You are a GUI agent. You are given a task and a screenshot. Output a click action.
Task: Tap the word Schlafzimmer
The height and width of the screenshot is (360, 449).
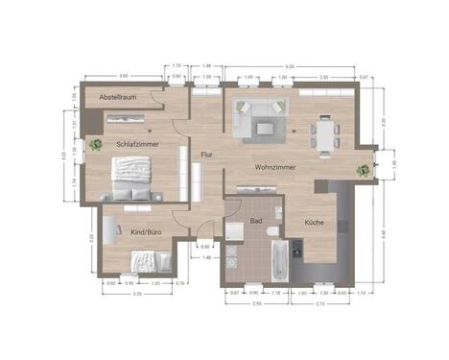[x=136, y=144]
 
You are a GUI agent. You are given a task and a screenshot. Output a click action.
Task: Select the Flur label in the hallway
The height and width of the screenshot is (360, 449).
[x=205, y=154]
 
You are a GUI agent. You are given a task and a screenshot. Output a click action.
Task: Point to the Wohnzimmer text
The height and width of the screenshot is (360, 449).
[x=274, y=167]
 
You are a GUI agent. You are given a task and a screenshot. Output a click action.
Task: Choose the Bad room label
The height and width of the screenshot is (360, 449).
[x=256, y=220]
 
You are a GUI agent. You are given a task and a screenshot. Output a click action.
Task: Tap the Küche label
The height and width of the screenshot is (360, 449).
[x=314, y=223]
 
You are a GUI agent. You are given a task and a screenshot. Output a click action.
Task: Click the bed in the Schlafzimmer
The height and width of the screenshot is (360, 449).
[x=132, y=177]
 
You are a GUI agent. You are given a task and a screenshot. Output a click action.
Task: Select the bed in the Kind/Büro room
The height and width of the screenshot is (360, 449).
[x=150, y=261]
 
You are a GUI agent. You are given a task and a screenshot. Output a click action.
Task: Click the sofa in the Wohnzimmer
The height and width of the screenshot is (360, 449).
[x=261, y=119]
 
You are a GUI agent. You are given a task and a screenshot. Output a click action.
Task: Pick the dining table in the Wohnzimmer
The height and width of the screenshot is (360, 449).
[x=325, y=132]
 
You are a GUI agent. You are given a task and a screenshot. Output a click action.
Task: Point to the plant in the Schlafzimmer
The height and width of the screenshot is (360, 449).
[x=96, y=145]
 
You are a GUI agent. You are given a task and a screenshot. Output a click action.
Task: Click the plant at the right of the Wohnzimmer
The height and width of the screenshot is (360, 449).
[x=364, y=170]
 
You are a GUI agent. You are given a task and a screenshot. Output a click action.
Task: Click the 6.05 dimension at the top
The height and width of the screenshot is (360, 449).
[x=288, y=66]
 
